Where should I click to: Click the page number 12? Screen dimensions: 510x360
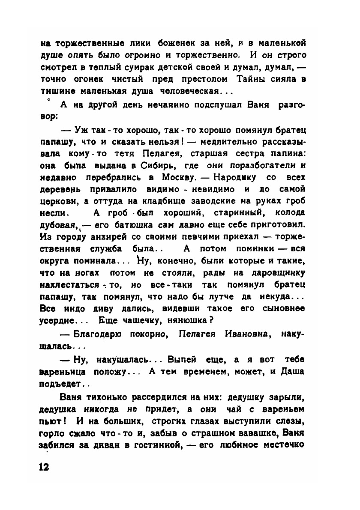point(44,466)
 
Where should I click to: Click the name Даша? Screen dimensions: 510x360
point(292,371)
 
